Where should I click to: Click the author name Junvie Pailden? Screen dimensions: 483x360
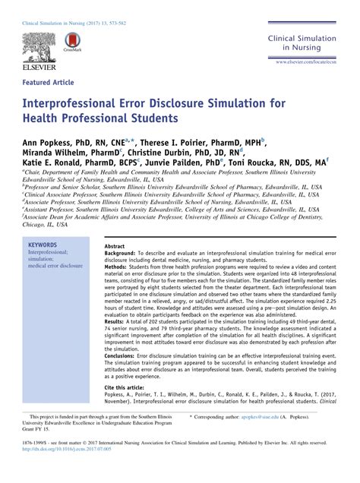[x=188, y=163]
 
